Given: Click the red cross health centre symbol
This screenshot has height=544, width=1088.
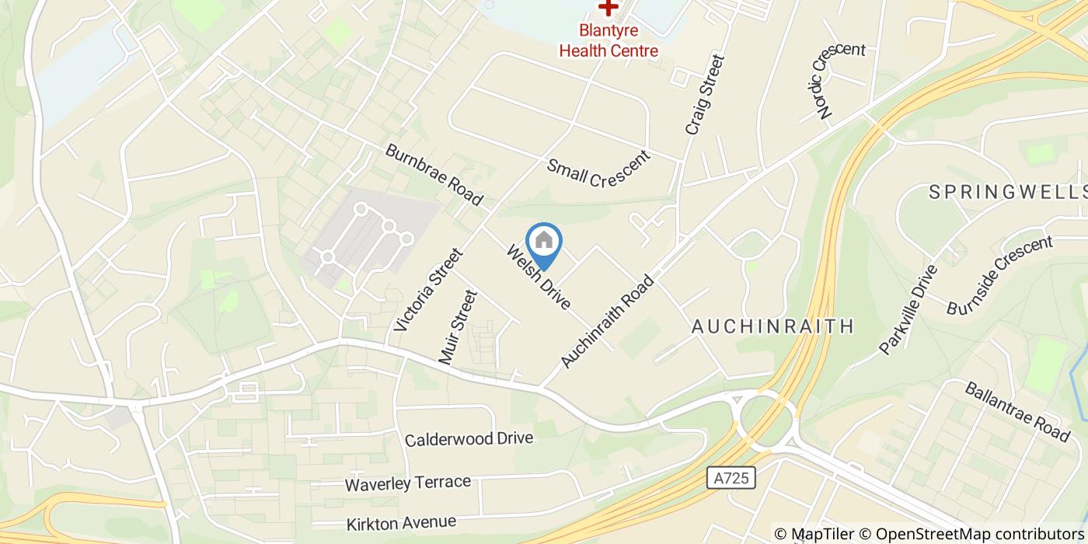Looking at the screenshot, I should click(608, 8).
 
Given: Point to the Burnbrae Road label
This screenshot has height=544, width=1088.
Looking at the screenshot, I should click(434, 174).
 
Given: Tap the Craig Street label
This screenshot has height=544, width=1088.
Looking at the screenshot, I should click(705, 94).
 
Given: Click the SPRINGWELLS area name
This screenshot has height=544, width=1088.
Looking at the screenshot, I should click(1007, 192).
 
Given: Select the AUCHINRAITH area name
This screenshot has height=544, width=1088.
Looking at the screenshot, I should click(772, 326).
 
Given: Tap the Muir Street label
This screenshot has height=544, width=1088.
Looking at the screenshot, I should click(456, 326).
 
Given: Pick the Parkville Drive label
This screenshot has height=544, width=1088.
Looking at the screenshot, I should click(908, 309).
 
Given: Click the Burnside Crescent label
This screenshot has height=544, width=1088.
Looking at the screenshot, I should click(999, 275).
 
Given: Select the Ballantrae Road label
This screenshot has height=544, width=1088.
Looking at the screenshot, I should click(1017, 412).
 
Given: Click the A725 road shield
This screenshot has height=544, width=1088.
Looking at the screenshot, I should click(732, 477).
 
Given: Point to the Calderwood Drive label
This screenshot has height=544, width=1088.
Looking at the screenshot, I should click(469, 439).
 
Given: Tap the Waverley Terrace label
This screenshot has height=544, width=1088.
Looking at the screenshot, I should click(407, 483).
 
